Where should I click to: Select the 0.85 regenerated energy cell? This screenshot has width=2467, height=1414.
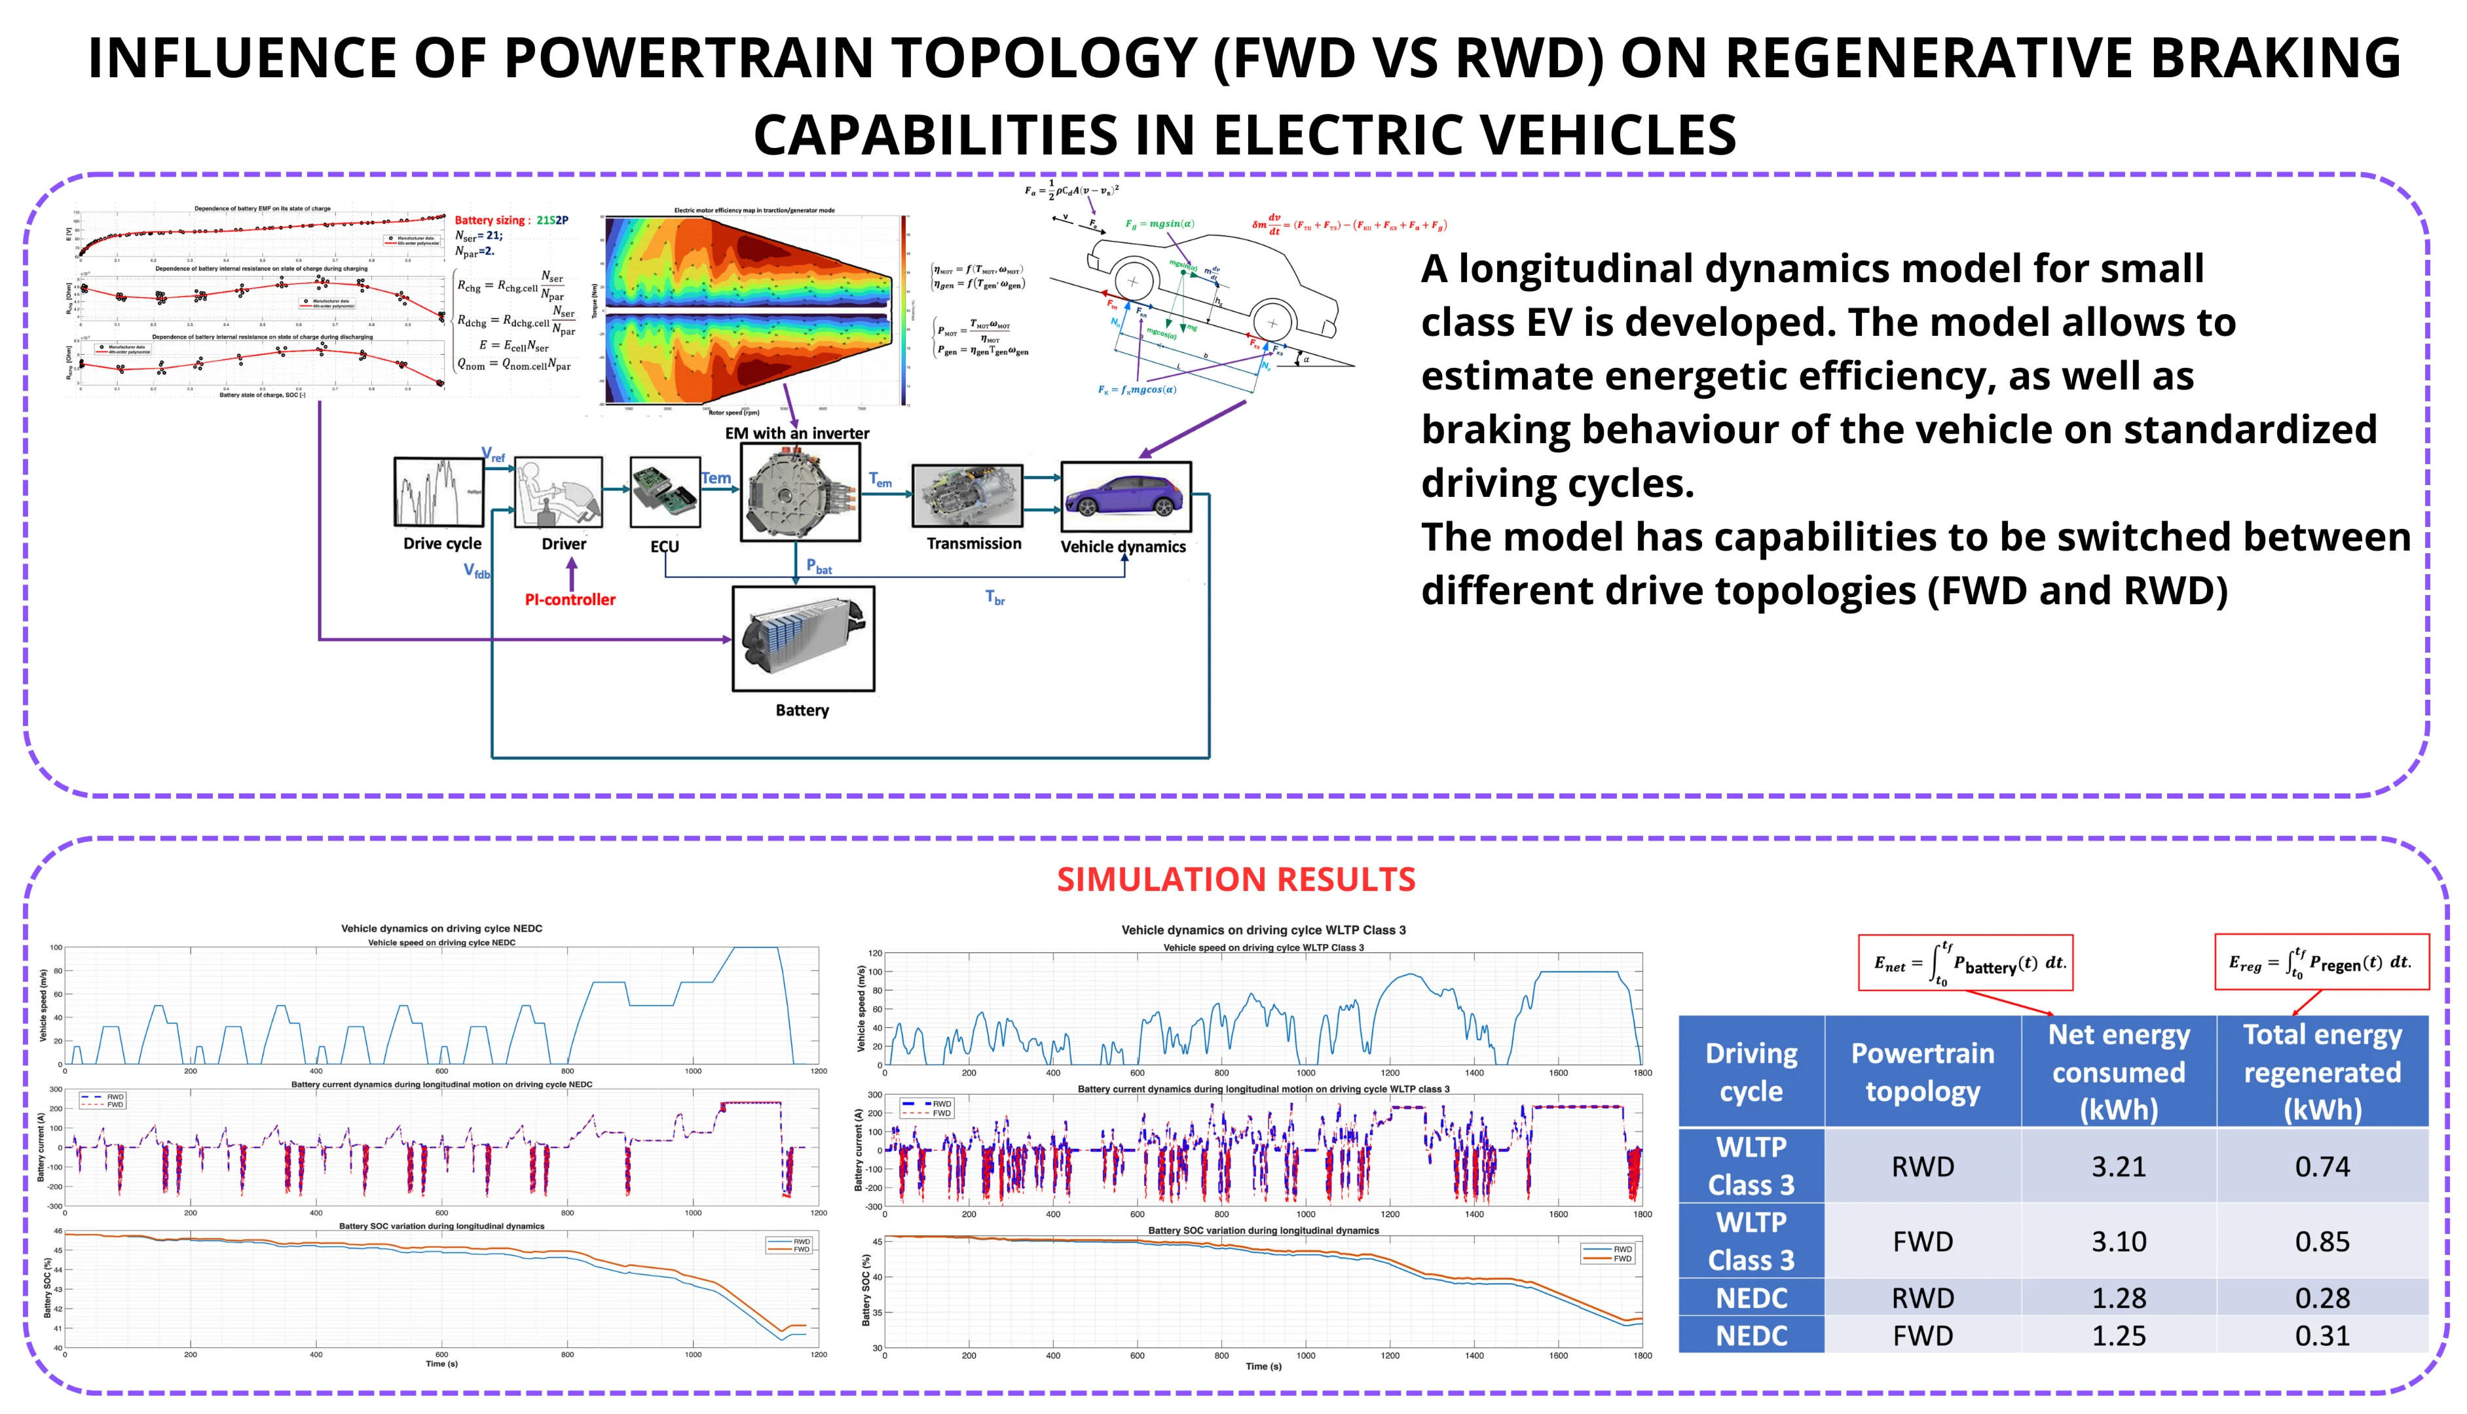tap(2322, 1241)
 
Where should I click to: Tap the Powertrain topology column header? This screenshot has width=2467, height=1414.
tap(1922, 1071)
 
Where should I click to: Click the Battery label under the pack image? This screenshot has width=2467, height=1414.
tap(802, 710)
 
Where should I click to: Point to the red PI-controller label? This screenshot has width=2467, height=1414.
tap(570, 599)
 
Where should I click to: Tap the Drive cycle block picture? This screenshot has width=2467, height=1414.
tap(439, 492)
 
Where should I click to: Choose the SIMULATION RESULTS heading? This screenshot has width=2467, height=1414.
tap(1235, 879)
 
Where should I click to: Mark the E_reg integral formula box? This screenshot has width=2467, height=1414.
tap(2320, 962)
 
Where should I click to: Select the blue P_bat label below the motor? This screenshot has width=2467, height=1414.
tap(819, 566)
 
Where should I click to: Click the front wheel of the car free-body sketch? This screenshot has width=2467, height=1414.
tap(1271, 323)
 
